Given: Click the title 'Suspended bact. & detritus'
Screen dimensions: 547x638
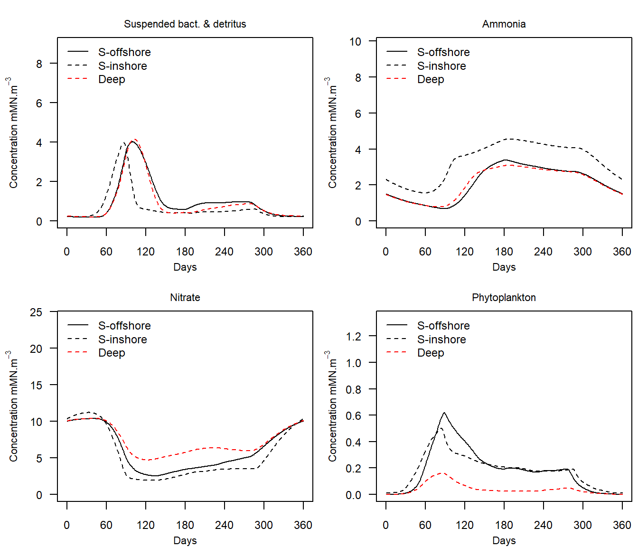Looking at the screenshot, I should pyautogui.click(x=185, y=24).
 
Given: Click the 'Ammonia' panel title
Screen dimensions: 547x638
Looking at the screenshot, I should pyautogui.click(x=504, y=24).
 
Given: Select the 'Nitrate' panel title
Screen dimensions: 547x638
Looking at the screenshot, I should pyautogui.click(x=185, y=298).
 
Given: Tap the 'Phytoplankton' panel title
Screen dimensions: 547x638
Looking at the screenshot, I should pyautogui.click(x=504, y=298).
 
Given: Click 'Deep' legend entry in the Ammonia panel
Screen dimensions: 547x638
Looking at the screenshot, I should pyautogui.click(x=431, y=79).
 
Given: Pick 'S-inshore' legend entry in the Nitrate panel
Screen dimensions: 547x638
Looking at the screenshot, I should pyautogui.click(x=122, y=340).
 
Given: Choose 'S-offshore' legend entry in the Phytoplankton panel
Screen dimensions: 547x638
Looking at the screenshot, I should pyautogui.click(x=443, y=326).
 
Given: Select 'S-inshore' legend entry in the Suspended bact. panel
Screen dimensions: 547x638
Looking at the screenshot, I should pyautogui.click(x=122, y=66).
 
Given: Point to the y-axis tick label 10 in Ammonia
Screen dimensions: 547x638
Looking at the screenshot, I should pyautogui.click(x=355, y=42).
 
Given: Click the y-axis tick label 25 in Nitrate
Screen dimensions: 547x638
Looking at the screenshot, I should pyautogui.click(x=36, y=312).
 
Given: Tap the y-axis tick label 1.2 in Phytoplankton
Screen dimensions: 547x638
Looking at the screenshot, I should pyautogui.click(x=353, y=337).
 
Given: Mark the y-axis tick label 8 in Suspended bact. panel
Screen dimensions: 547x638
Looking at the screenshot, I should pyautogui.click(x=39, y=64).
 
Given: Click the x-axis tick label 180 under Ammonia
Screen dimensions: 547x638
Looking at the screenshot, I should pyautogui.click(x=504, y=252).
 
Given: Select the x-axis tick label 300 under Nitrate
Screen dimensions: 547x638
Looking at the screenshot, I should pyautogui.click(x=263, y=525).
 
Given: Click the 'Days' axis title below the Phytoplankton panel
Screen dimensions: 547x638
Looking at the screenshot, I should pyautogui.click(x=504, y=540).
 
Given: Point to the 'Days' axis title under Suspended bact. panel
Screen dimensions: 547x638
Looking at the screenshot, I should pyautogui.click(x=185, y=267).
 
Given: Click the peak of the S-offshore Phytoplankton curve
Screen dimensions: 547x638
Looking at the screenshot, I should pyautogui.click(x=444, y=413).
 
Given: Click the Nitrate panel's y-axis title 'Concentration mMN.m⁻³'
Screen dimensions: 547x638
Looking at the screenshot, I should pyautogui.click(x=13, y=406).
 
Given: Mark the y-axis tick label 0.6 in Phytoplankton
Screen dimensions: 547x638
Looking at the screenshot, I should pyautogui.click(x=353, y=415).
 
